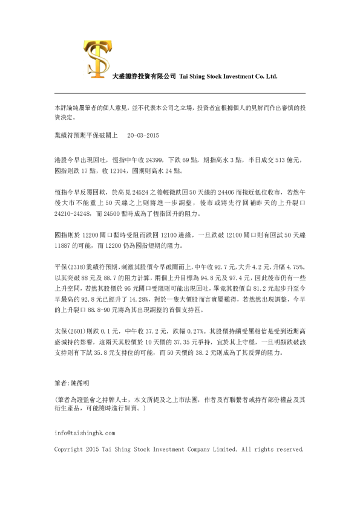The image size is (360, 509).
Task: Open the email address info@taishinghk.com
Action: coord(84,433)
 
